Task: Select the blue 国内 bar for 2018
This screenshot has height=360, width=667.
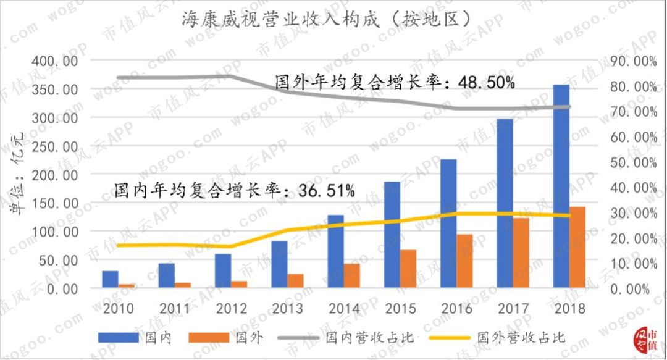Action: tap(561, 186)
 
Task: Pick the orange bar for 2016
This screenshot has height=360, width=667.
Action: tap(464, 261)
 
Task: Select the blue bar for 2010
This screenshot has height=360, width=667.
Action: tap(110, 279)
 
